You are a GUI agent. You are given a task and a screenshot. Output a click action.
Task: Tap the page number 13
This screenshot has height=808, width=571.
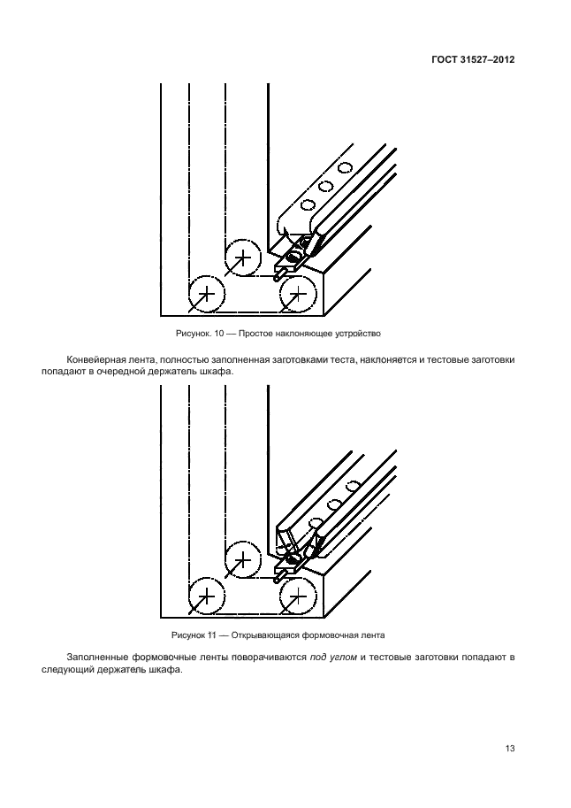pos(510,749)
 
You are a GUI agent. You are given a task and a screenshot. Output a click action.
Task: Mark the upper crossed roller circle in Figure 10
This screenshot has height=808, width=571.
pos(243,258)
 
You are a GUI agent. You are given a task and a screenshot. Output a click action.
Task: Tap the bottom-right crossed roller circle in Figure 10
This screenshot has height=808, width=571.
pos(298,293)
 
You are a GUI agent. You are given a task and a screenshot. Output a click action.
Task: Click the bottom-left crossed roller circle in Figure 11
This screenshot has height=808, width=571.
pos(207,597)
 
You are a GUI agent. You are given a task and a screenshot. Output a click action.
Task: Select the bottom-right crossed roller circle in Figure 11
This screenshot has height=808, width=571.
pos(298,597)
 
